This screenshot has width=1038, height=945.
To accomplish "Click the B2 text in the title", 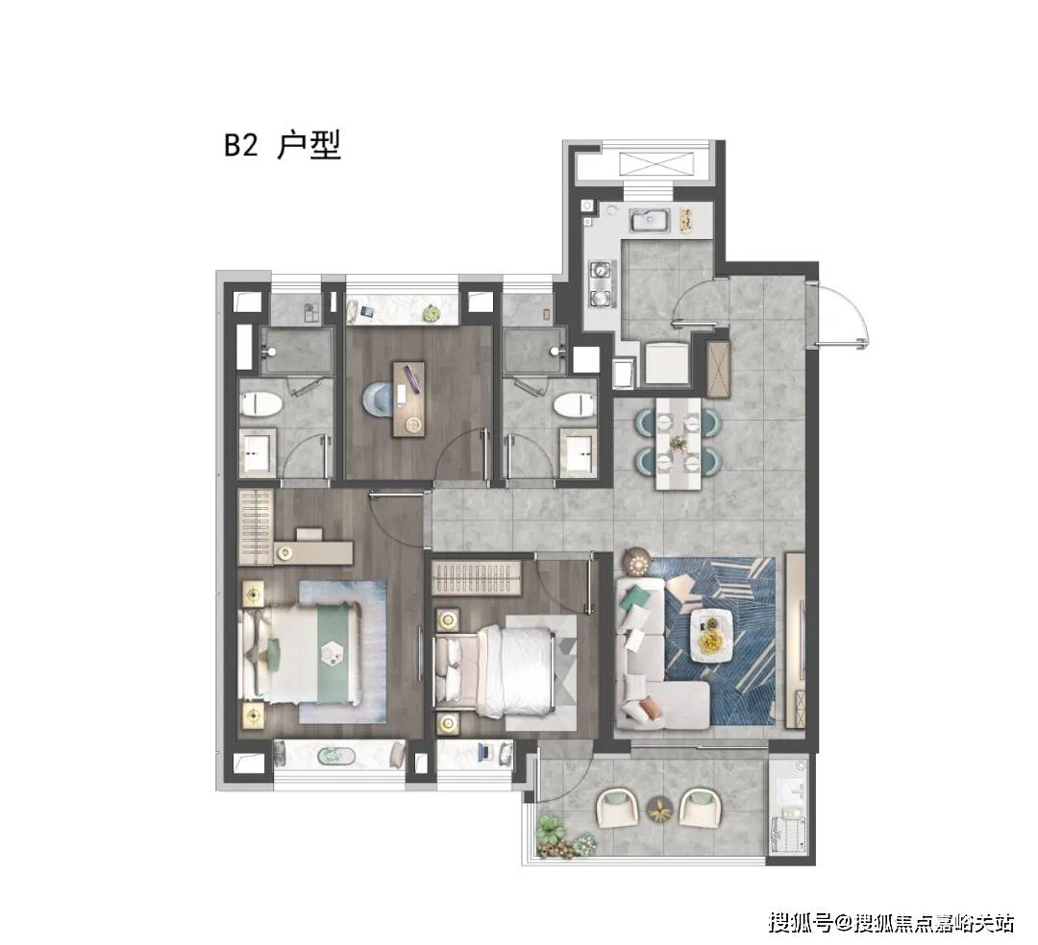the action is pyautogui.click(x=241, y=145).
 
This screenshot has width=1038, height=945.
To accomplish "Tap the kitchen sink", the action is pyautogui.click(x=651, y=219).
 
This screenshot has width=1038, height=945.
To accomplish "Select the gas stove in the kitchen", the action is pyautogui.click(x=602, y=284).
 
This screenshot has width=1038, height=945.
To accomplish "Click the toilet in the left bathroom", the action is pyautogui.click(x=260, y=404).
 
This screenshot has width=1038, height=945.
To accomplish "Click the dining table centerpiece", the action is pyautogui.click(x=678, y=442).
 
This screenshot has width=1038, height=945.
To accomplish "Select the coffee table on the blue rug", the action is pyautogui.click(x=711, y=634).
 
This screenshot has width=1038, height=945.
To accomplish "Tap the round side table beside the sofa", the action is pyautogui.click(x=637, y=562).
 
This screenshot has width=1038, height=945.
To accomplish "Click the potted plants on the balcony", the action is pyautogui.click(x=563, y=836).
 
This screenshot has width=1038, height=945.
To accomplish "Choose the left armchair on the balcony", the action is pyautogui.click(x=618, y=808).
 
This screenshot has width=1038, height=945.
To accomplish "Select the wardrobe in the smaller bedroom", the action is pyautogui.click(x=475, y=578).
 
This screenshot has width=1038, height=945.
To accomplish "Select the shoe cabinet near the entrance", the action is pyautogui.click(x=718, y=369).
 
